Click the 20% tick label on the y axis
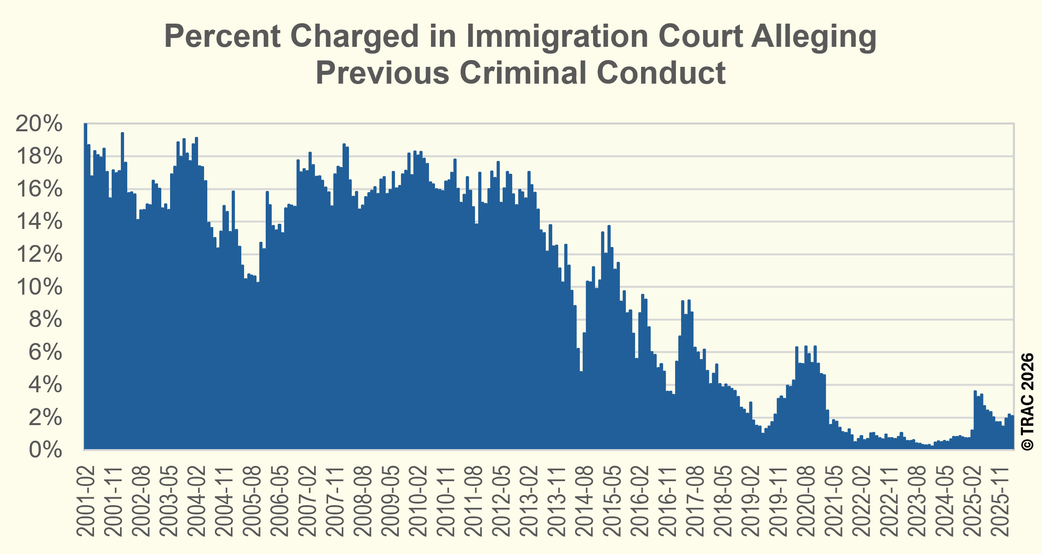coord(39,123)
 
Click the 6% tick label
coord(45,353)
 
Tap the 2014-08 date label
coord(584,501)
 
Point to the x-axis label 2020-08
coord(806,501)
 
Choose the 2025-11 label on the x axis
coord(1000,501)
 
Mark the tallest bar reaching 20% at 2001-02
coord(86,283)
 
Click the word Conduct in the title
coord(661,73)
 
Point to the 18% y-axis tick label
coord(39,156)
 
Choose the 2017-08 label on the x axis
coord(695,501)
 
